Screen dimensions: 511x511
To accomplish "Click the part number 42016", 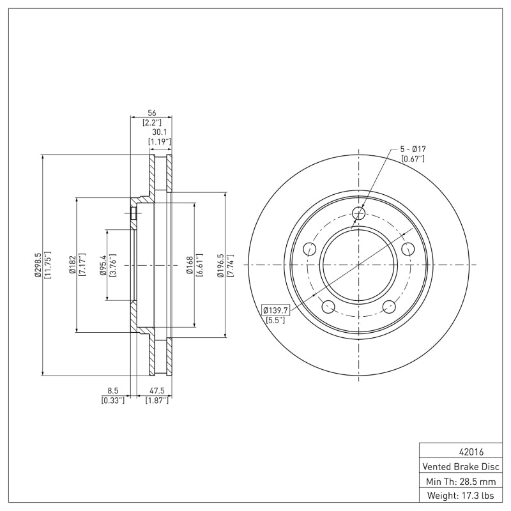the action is tap(471, 452).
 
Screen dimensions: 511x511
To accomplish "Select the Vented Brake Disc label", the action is tap(461, 467).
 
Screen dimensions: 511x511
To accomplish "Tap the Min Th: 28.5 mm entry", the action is tap(461, 482).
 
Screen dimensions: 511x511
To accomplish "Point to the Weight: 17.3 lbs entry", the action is tap(461, 496).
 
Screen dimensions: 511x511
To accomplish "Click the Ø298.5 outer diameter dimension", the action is tap(38, 265).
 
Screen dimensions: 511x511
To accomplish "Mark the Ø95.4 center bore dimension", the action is tap(103, 265).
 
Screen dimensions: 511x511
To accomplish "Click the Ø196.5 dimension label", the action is tap(220, 265).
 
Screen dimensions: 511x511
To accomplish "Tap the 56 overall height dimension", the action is tap(152, 113).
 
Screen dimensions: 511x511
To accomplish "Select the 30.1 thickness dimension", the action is tap(159, 132).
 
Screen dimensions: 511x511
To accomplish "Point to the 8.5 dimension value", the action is tap(112, 390).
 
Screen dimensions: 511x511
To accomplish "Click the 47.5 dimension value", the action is tap(156, 390).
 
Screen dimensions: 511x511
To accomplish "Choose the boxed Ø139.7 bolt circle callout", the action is tap(276, 310).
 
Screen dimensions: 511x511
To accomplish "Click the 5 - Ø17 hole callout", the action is tap(413, 149).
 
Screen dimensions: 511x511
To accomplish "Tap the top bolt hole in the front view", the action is tap(359, 213).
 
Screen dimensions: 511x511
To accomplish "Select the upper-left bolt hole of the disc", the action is tap(310, 249).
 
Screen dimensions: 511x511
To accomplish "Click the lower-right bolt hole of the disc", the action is tap(389, 307).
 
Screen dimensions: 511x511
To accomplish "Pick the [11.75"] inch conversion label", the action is tap(47, 265).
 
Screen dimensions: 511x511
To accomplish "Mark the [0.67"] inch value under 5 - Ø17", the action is tap(413, 159).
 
